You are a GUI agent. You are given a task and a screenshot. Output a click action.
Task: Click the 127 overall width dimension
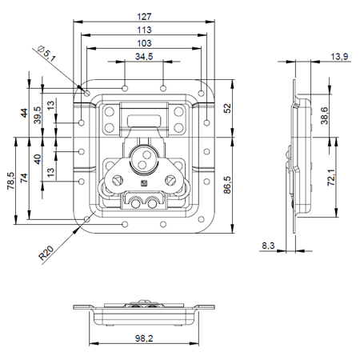tap(144, 15)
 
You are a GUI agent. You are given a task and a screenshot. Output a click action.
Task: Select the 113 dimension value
tap(144, 30)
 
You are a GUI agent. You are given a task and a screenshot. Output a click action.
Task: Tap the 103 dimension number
tap(144, 43)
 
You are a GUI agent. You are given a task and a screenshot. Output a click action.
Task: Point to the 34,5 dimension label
tap(144, 57)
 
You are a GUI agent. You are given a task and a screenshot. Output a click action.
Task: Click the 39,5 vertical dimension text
tap(38, 119)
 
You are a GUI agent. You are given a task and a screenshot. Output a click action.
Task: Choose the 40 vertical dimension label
tap(38, 158)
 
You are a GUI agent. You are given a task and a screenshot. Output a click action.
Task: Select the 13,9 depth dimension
tap(338, 56)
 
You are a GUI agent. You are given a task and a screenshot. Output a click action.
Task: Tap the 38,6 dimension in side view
tap(323, 115)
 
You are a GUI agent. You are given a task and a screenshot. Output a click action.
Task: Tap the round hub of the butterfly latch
tap(145, 158)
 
